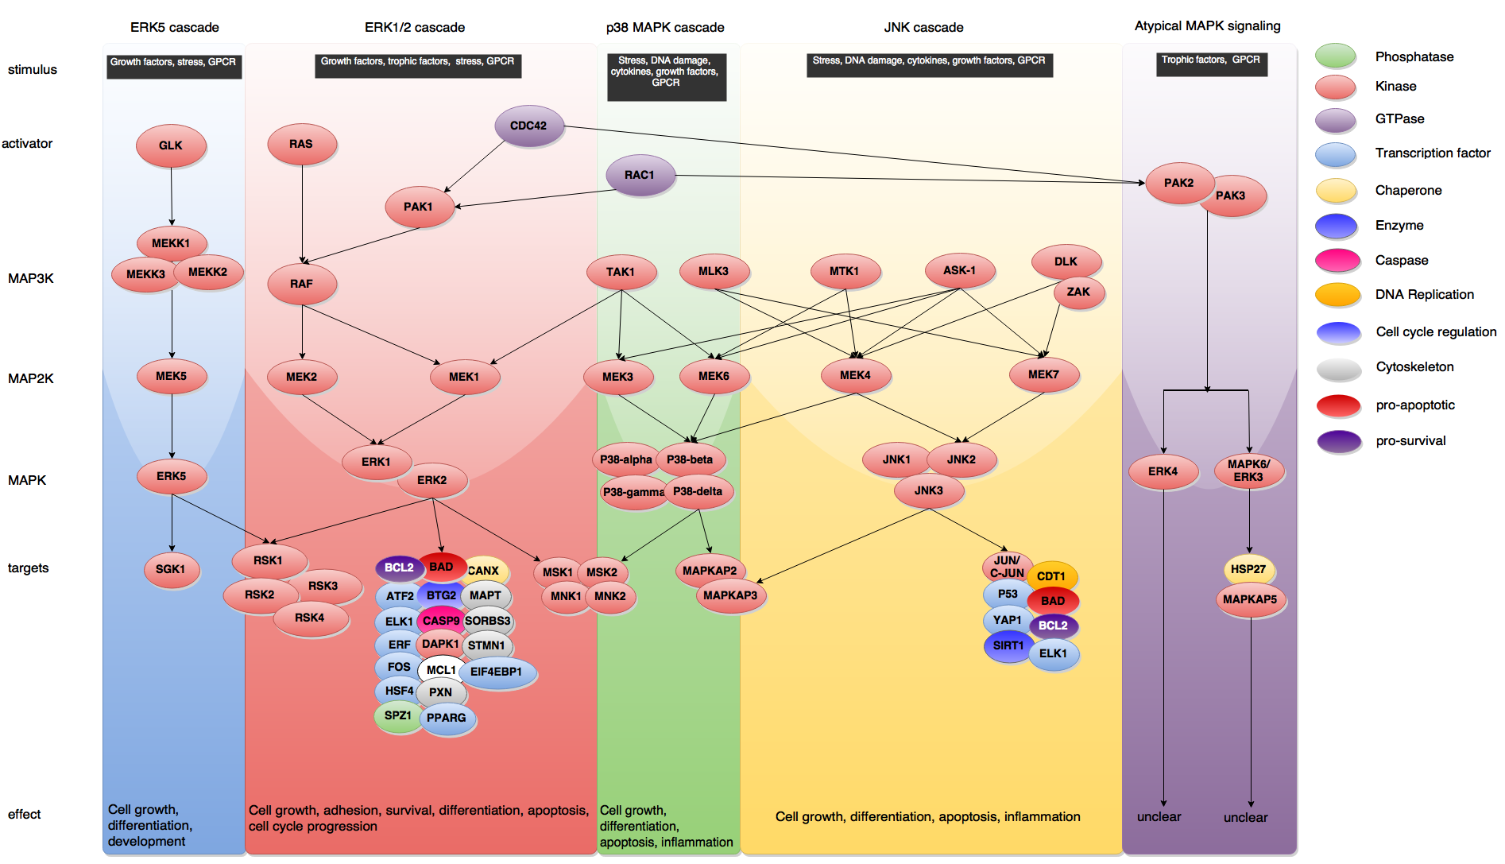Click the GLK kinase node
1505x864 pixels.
click(171, 145)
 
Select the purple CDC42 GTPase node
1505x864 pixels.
click(528, 126)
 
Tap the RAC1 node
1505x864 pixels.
click(640, 175)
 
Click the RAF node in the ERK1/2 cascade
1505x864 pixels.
click(301, 284)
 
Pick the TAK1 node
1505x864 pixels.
click(621, 272)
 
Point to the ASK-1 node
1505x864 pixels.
click(960, 270)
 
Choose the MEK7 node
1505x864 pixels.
click(1043, 374)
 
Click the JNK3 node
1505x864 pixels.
click(928, 490)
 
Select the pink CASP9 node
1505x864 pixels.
click(440, 621)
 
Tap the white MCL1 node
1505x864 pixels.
click(441, 670)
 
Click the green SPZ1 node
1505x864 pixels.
click(397, 715)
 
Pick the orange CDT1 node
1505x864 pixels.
click(1051, 576)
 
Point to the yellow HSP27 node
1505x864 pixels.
click(1248, 569)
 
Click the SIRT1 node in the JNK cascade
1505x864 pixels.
click(1008, 645)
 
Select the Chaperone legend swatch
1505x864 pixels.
click(1336, 191)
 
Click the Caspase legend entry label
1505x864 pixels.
click(1401, 260)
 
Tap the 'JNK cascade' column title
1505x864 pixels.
click(923, 27)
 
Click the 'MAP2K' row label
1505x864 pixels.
click(31, 378)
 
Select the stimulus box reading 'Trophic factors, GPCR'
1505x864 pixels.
click(1210, 60)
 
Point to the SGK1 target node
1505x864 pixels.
click(171, 569)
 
